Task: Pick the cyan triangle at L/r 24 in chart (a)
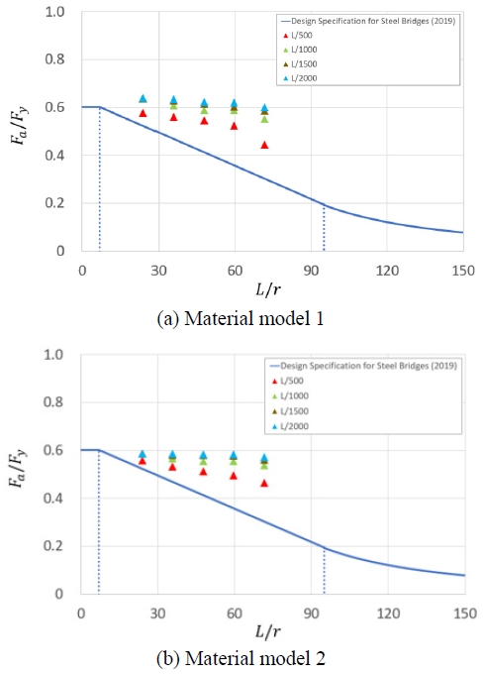click(x=143, y=98)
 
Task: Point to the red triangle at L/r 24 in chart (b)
click(x=143, y=461)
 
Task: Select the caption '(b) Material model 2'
click(x=241, y=655)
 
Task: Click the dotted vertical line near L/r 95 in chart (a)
click(x=324, y=228)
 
